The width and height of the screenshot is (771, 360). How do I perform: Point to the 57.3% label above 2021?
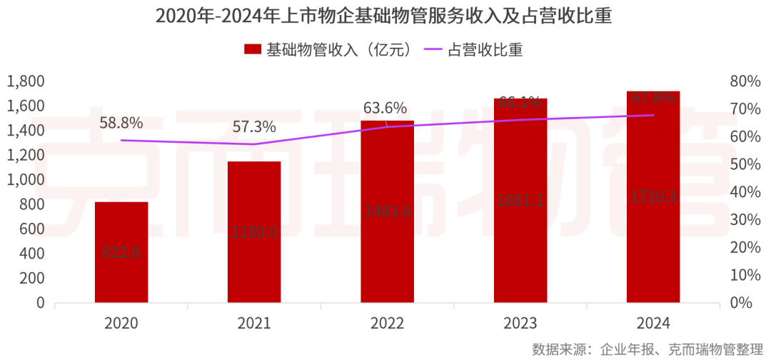254,127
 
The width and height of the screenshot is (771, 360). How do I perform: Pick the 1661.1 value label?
520,201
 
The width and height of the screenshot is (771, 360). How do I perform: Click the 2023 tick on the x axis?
520,323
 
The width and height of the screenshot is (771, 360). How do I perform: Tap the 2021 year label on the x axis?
254,323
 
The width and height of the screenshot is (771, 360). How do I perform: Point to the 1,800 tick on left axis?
26,81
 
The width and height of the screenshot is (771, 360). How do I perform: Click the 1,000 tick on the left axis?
26,180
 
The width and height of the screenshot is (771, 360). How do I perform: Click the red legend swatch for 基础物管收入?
253,49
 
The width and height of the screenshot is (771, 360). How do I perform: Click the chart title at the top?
385,16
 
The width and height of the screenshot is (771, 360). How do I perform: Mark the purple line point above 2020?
121,140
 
